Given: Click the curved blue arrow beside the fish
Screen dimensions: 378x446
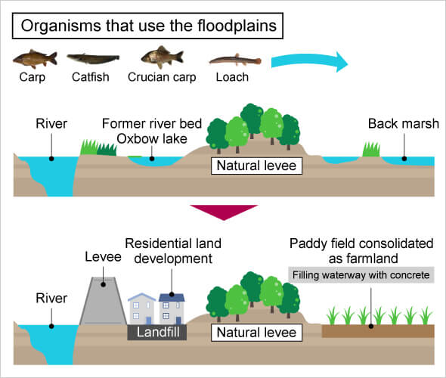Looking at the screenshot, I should (x=310, y=62).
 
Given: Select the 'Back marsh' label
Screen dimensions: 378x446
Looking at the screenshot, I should (x=403, y=124).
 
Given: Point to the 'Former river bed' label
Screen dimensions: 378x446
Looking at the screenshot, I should (x=152, y=124).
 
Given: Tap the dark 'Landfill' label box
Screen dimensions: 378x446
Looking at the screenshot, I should (x=157, y=331).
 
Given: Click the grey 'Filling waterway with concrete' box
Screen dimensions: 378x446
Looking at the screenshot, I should (x=361, y=275).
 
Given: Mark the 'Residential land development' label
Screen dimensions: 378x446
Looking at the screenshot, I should (x=169, y=251).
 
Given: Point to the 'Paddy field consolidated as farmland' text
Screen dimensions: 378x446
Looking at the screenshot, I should (x=361, y=251).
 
